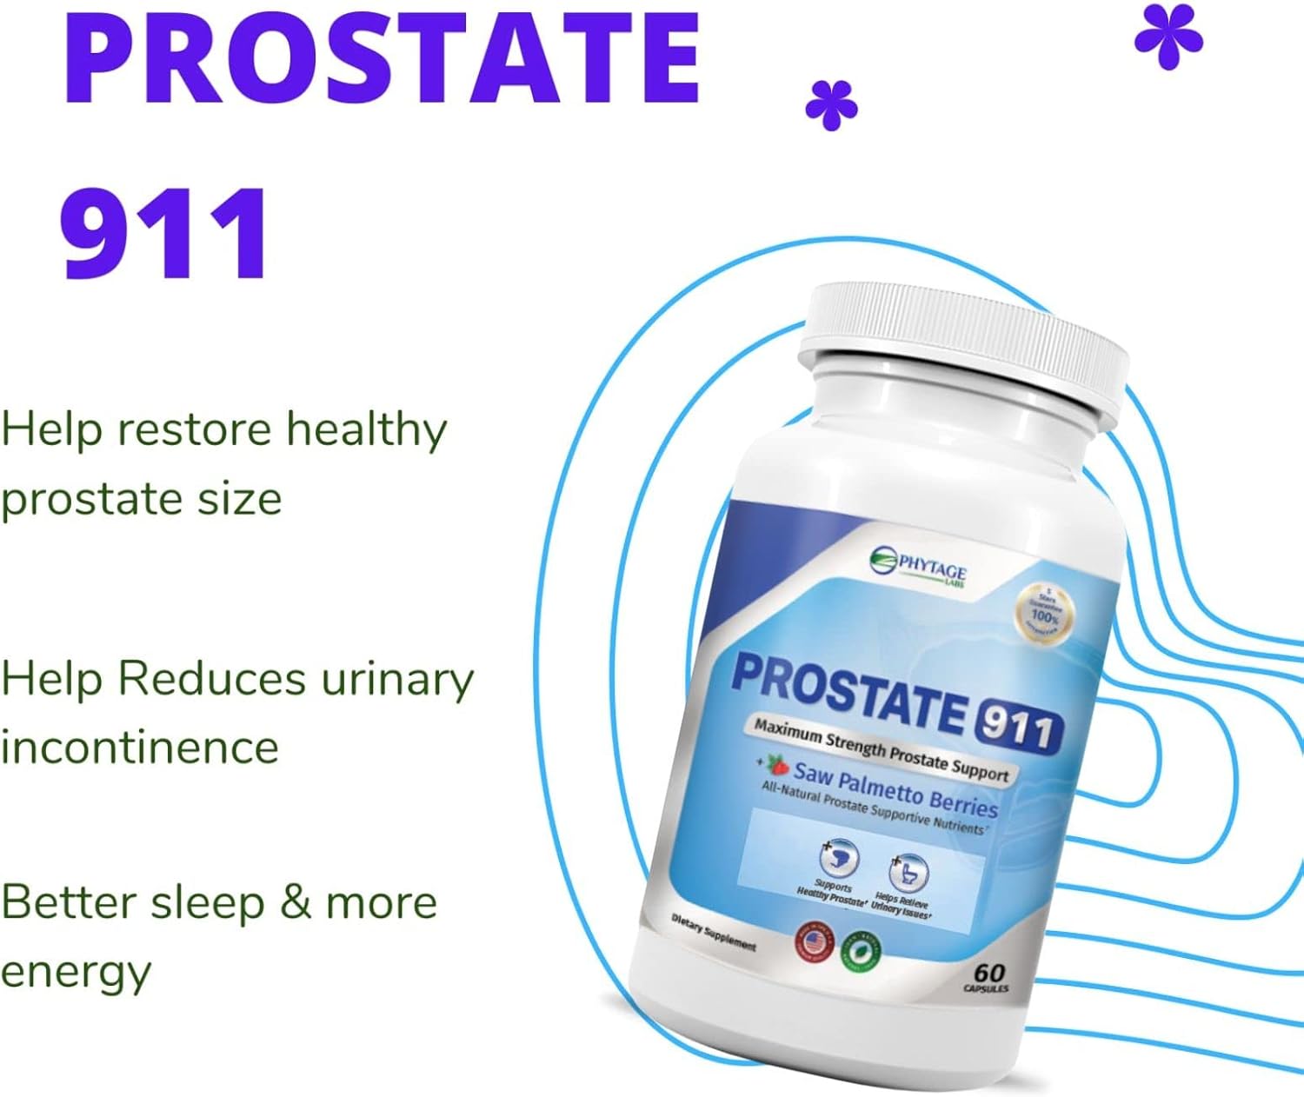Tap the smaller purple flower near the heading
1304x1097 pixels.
831,105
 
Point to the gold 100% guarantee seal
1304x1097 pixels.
1044,613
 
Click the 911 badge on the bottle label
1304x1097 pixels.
1018,726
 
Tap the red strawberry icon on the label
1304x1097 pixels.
776,765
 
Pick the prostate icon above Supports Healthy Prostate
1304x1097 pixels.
838,859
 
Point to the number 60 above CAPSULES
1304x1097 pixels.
989,972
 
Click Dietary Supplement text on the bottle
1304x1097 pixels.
714,933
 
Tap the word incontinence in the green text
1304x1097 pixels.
139,748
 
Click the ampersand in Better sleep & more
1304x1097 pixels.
295,902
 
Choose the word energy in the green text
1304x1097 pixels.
76,972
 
